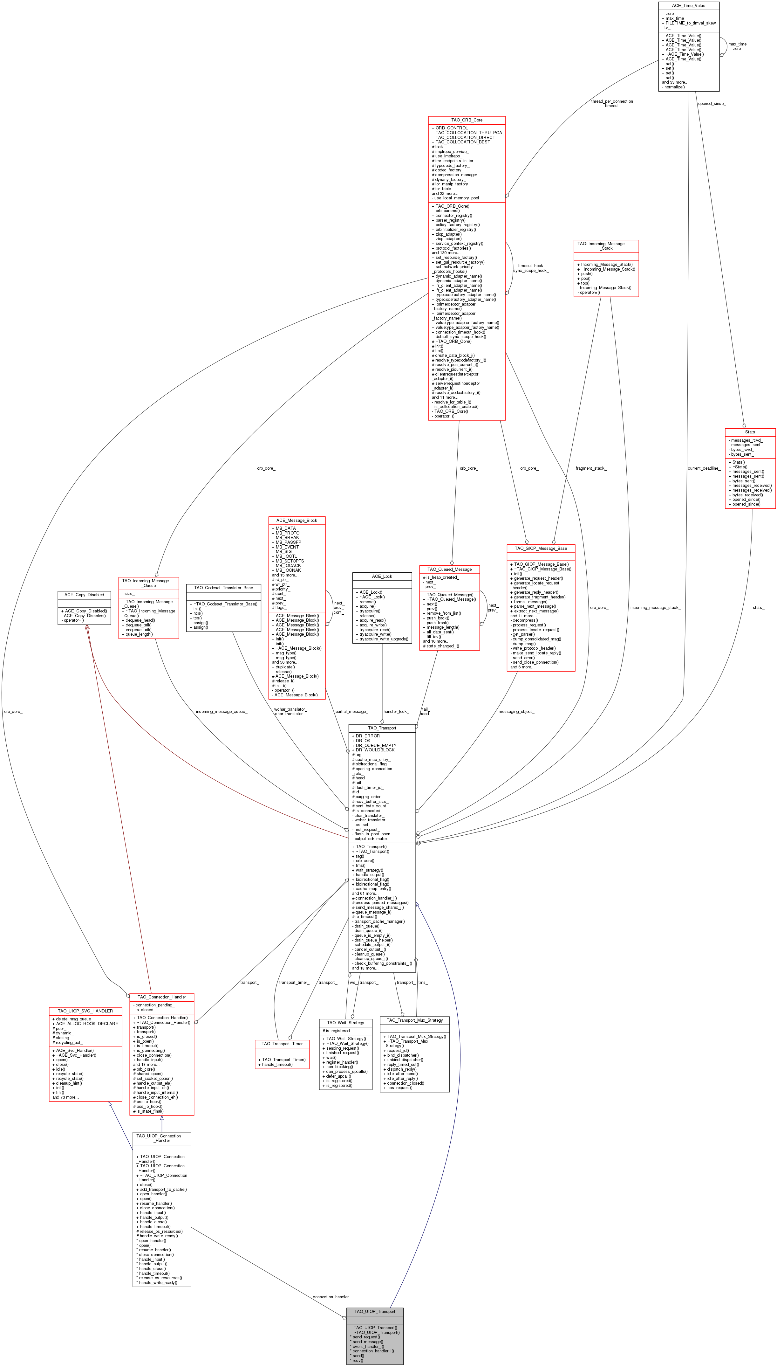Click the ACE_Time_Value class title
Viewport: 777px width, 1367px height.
pos(688,5)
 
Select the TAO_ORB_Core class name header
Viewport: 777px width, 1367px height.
pos(467,120)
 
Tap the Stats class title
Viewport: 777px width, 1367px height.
pos(750,432)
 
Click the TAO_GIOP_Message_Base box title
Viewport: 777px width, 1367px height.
pos(541,549)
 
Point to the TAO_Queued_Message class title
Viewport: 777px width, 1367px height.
pos(449,569)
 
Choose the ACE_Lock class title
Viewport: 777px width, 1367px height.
pos(382,576)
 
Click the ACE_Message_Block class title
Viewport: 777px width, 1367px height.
pos(297,520)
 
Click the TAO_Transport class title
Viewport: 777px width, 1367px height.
pos(382,728)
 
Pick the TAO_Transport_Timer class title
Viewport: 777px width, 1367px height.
pos(282,1043)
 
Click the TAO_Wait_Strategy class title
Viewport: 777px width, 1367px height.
pos(345,1023)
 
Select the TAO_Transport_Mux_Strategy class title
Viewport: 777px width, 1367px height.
pos(415,1020)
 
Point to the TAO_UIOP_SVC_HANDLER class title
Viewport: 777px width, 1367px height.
pos(85,1011)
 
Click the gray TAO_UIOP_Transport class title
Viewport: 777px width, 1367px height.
pos(375,1311)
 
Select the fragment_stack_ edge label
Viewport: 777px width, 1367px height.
pos(591,468)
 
